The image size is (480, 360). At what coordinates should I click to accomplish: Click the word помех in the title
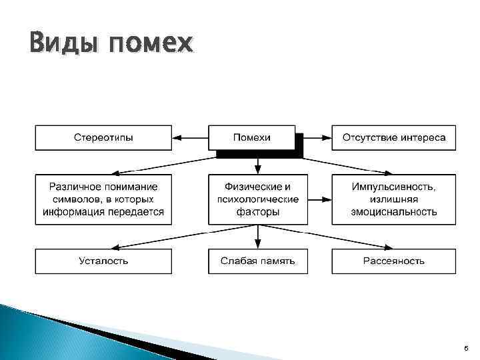(151, 45)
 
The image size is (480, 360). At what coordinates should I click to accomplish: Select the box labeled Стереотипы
(103, 138)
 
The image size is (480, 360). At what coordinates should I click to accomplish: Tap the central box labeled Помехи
(251, 138)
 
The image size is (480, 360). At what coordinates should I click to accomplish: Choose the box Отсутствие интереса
(393, 138)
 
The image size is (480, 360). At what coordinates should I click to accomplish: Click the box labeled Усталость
(103, 261)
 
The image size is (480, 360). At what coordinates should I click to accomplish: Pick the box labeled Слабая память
(257, 261)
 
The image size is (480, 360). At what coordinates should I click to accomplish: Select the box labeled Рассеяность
(393, 261)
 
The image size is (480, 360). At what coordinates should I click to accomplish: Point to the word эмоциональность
(393, 212)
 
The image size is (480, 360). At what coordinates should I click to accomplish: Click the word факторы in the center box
(257, 212)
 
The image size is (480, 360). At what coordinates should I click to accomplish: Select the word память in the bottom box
(275, 261)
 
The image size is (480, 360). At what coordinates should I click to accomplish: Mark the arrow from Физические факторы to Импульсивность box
(319, 199)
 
